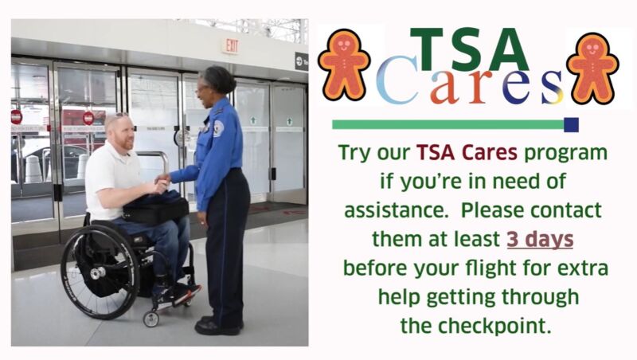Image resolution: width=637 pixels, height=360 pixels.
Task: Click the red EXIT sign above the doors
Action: [231, 45]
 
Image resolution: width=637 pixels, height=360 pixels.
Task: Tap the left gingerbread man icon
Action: [344, 65]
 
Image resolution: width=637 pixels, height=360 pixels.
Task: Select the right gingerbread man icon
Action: [592, 68]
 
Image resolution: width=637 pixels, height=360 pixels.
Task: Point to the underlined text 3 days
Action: [540, 239]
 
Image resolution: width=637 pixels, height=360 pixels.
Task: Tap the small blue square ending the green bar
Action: [571, 124]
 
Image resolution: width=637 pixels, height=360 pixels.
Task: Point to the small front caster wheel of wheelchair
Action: [150, 319]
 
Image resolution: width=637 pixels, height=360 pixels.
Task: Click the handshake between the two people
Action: [162, 183]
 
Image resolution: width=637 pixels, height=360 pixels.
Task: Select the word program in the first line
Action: [565, 152]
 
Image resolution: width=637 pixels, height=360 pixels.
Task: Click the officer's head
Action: [217, 83]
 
